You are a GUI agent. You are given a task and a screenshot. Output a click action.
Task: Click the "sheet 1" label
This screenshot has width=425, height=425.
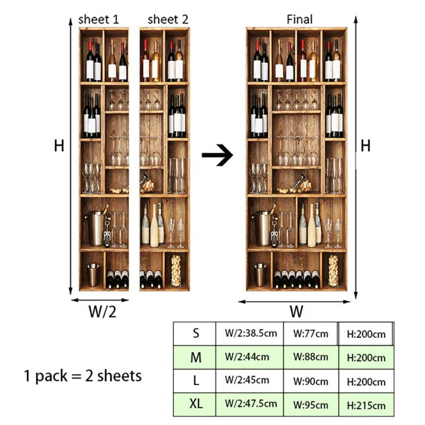point(99,20)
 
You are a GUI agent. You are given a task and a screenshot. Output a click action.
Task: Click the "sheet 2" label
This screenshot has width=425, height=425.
point(168,20)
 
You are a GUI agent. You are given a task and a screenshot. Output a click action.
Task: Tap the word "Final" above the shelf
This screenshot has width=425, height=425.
point(300,20)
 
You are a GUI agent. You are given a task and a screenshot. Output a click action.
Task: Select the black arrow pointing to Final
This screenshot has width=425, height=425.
point(218,156)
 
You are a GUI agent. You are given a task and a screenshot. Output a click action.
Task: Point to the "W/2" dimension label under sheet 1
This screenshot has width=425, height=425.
point(101,312)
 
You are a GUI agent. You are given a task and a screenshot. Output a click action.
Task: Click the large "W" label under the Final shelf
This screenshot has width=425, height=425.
point(296,311)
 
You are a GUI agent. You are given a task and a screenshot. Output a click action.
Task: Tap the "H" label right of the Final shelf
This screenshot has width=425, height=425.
point(365,146)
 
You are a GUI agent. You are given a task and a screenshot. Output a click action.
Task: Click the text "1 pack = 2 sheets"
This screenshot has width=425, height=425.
point(83,376)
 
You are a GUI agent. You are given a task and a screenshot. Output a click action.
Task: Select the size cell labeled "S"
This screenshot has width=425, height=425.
point(196,334)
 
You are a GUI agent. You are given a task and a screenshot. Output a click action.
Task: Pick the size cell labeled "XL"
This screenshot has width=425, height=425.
point(196,404)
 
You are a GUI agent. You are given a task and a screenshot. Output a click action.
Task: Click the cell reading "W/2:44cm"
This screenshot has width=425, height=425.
point(250,358)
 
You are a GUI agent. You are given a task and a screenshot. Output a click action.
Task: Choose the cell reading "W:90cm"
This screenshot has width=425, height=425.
point(310,381)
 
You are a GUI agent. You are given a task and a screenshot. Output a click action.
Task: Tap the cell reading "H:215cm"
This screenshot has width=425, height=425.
point(366,405)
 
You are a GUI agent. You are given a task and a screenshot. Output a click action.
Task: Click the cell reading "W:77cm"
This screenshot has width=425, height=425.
point(310,334)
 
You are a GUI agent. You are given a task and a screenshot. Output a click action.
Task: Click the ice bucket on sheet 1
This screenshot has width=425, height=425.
point(96,228)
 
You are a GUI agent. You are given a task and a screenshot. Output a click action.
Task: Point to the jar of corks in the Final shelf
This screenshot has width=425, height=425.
point(334,271)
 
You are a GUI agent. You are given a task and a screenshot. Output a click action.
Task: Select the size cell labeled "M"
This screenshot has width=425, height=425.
point(196,358)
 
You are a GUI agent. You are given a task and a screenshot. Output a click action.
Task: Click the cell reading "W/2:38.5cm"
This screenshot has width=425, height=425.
point(250,334)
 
